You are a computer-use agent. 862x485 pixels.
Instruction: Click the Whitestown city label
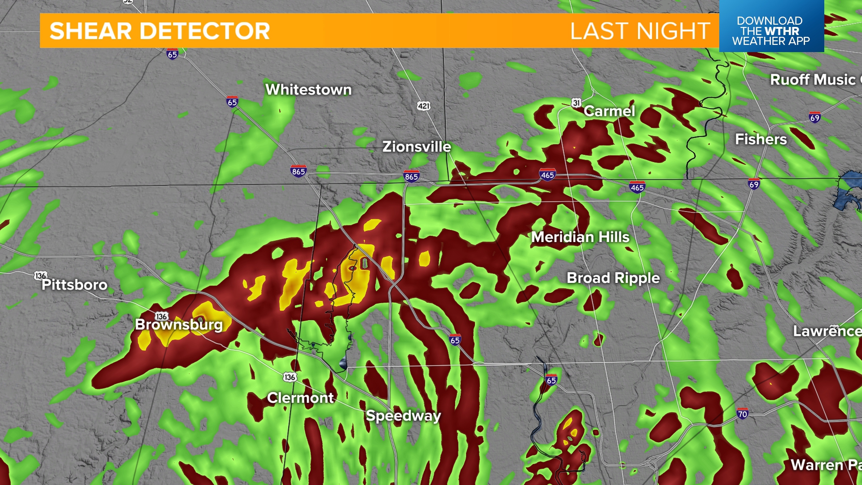point(308,90)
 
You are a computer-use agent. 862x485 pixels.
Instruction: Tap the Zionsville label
point(416,147)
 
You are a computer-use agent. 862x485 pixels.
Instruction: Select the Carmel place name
point(609,111)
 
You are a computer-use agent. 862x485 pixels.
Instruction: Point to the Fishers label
point(761,139)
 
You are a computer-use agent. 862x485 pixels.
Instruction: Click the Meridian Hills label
point(580,237)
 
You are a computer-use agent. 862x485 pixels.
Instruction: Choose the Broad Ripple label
point(613,278)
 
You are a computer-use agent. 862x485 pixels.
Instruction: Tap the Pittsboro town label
point(75,285)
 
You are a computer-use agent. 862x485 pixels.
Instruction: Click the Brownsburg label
point(179,325)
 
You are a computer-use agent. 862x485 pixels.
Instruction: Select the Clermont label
point(300,398)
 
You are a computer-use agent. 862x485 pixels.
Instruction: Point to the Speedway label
point(403,416)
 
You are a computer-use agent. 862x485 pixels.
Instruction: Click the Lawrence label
point(827,331)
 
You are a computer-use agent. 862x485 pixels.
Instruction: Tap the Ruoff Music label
point(814,80)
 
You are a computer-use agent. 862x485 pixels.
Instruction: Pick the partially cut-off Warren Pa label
point(825,465)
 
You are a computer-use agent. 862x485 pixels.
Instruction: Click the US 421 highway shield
point(423,106)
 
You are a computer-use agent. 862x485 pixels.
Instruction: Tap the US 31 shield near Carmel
point(576,103)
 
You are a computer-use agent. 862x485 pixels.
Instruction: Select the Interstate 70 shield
point(742,414)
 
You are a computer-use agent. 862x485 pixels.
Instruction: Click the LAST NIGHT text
point(640,31)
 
